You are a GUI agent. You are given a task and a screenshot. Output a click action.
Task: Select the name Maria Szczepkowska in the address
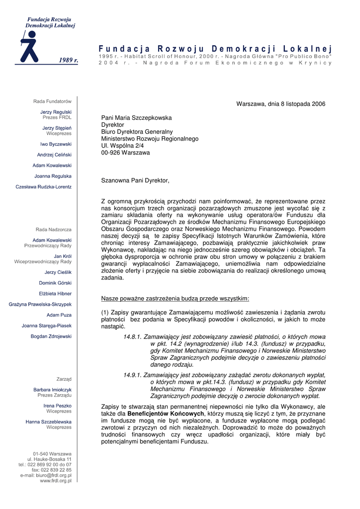pyautogui.click(x=144, y=118)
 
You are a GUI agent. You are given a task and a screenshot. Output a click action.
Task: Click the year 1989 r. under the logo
pyautogui.click(x=69, y=60)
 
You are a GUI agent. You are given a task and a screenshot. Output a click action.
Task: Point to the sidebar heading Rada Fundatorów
pyautogui.click(x=52, y=101)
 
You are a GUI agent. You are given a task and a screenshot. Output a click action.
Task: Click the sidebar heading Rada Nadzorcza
pyautogui.click(x=53, y=230)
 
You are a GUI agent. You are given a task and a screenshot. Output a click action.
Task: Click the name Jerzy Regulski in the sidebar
pyautogui.click(x=56, y=112)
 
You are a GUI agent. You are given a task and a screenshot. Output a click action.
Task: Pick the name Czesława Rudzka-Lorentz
pyautogui.click(x=43, y=187)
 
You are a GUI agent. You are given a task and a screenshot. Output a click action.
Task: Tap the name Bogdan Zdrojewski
pyautogui.click(x=51, y=337)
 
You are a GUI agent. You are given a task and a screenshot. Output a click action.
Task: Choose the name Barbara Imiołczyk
pyautogui.click(x=52, y=390)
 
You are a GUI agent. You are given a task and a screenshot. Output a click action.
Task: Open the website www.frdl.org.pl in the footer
pyautogui.click(x=55, y=481)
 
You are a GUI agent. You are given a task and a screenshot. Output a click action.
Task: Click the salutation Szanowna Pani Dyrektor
pyautogui.click(x=135, y=180)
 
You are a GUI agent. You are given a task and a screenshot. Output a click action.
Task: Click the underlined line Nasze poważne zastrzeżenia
pyautogui.click(x=175, y=299)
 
